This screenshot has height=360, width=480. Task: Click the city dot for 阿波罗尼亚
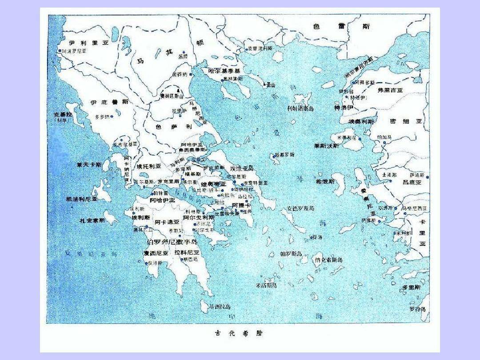click(x=60, y=51)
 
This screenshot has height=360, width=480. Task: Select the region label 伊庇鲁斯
click(x=109, y=102)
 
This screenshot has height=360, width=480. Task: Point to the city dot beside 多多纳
click(x=112, y=116)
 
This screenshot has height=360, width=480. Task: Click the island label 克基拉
click(x=63, y=114)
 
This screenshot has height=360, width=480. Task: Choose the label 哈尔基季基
click(x=224, y=71)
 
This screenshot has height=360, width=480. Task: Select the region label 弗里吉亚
click(x=390, y=90)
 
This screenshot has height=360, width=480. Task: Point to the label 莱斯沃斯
click(x=326, y=146)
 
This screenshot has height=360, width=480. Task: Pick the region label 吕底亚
click(x=412, y=182)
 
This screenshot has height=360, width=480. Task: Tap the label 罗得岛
click(x=417, y=309)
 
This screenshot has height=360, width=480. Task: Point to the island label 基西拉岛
click(x=220, y=307)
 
